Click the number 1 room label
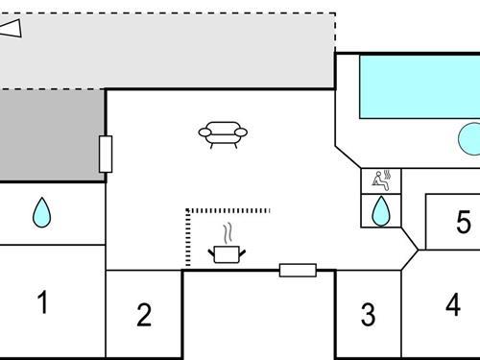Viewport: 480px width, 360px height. click(x=42, y=302)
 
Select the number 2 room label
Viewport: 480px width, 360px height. click(x=144, y=314)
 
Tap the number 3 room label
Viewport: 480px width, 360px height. click(x=368, y=314)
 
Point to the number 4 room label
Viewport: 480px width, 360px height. click(x=453, y=305)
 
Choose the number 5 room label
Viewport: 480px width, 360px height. click(x=464, y=224)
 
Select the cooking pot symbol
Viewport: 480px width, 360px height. click(x=228, y=253)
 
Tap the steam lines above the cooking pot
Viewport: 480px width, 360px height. click(x=228, y=233)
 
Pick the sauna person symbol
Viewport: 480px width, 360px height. click(x=381, y=179)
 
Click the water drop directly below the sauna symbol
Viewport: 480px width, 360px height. click(x=381, y=210)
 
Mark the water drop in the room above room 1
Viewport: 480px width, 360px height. click(x=41, y=212)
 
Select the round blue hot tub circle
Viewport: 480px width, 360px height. click(x=470, y=139)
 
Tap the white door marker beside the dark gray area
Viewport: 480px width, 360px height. click(x=106, y=154)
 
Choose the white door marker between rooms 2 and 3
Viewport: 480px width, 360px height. click(x=298, y=270)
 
